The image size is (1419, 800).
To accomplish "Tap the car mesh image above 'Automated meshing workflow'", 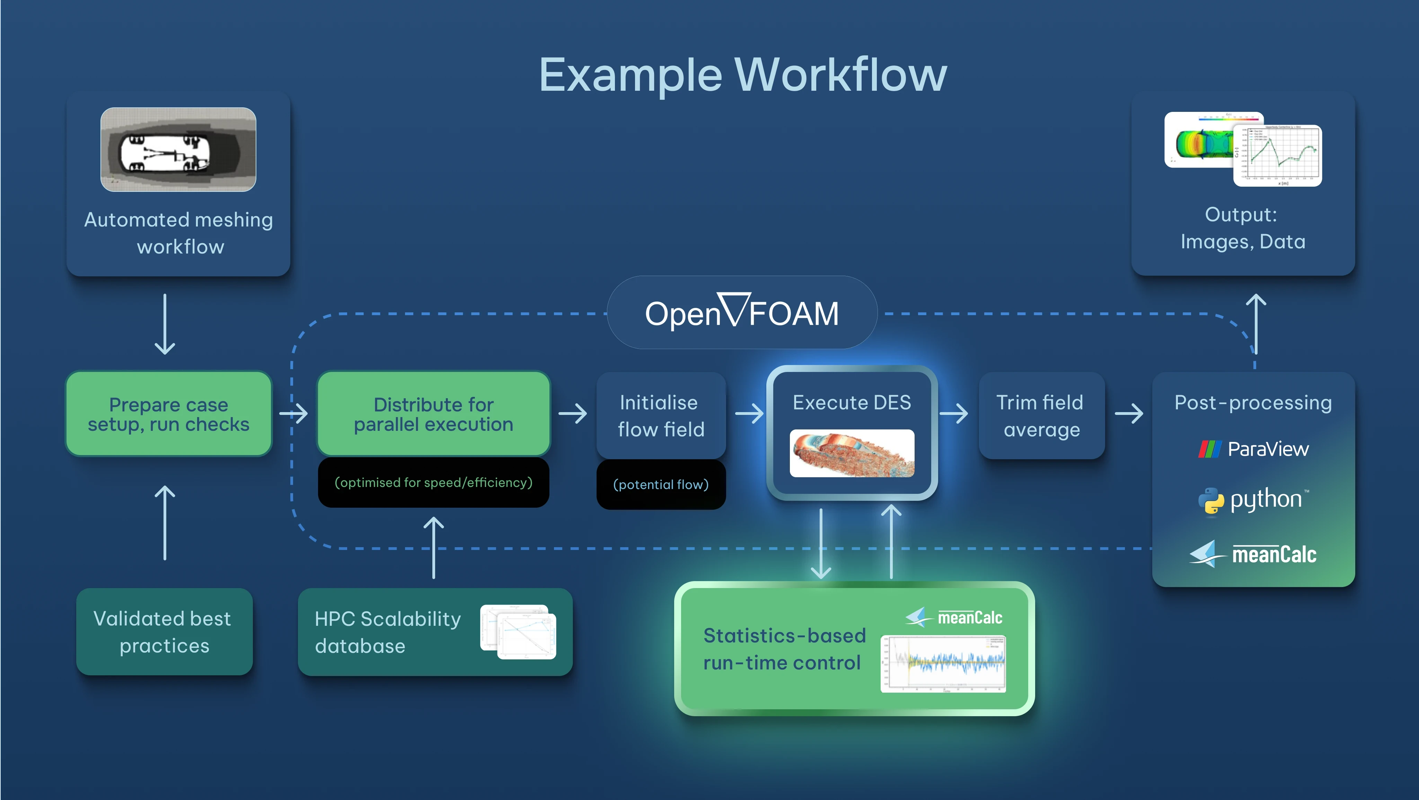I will click(178, 149).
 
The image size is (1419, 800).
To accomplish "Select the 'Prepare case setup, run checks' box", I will click(169, 414).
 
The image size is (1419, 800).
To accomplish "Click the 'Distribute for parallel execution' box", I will click(433, 414).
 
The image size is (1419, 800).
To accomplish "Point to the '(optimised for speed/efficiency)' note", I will click(433, 483).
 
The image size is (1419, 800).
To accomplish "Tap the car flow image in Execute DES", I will click(852, 453).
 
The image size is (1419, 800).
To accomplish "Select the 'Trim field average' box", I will click(1041, 416).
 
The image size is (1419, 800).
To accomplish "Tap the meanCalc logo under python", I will click(1253, 554).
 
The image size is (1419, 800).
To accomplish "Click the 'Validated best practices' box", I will click(164, 632).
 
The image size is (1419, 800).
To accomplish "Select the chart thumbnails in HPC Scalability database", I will click(518, 632).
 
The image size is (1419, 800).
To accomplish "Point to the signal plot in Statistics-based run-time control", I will click(943, 664).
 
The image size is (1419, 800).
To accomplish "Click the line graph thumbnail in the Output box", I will click(1277, 155).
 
